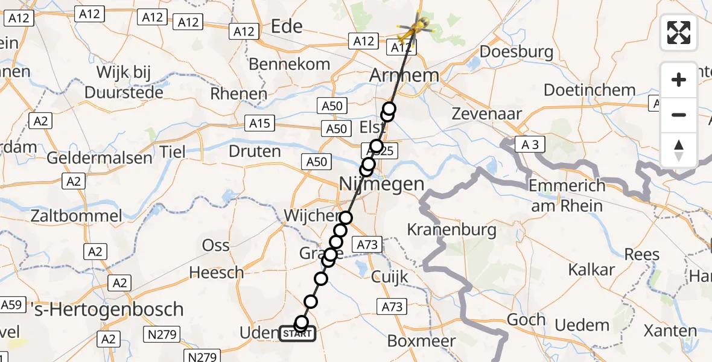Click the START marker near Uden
pos(297,333)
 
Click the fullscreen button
pos(679,33)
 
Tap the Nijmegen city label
pos(381,183)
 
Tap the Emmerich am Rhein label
pos(565,195)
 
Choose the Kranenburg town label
pos(451,229)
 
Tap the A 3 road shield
pos(527,145)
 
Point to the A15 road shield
pos(259,124)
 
